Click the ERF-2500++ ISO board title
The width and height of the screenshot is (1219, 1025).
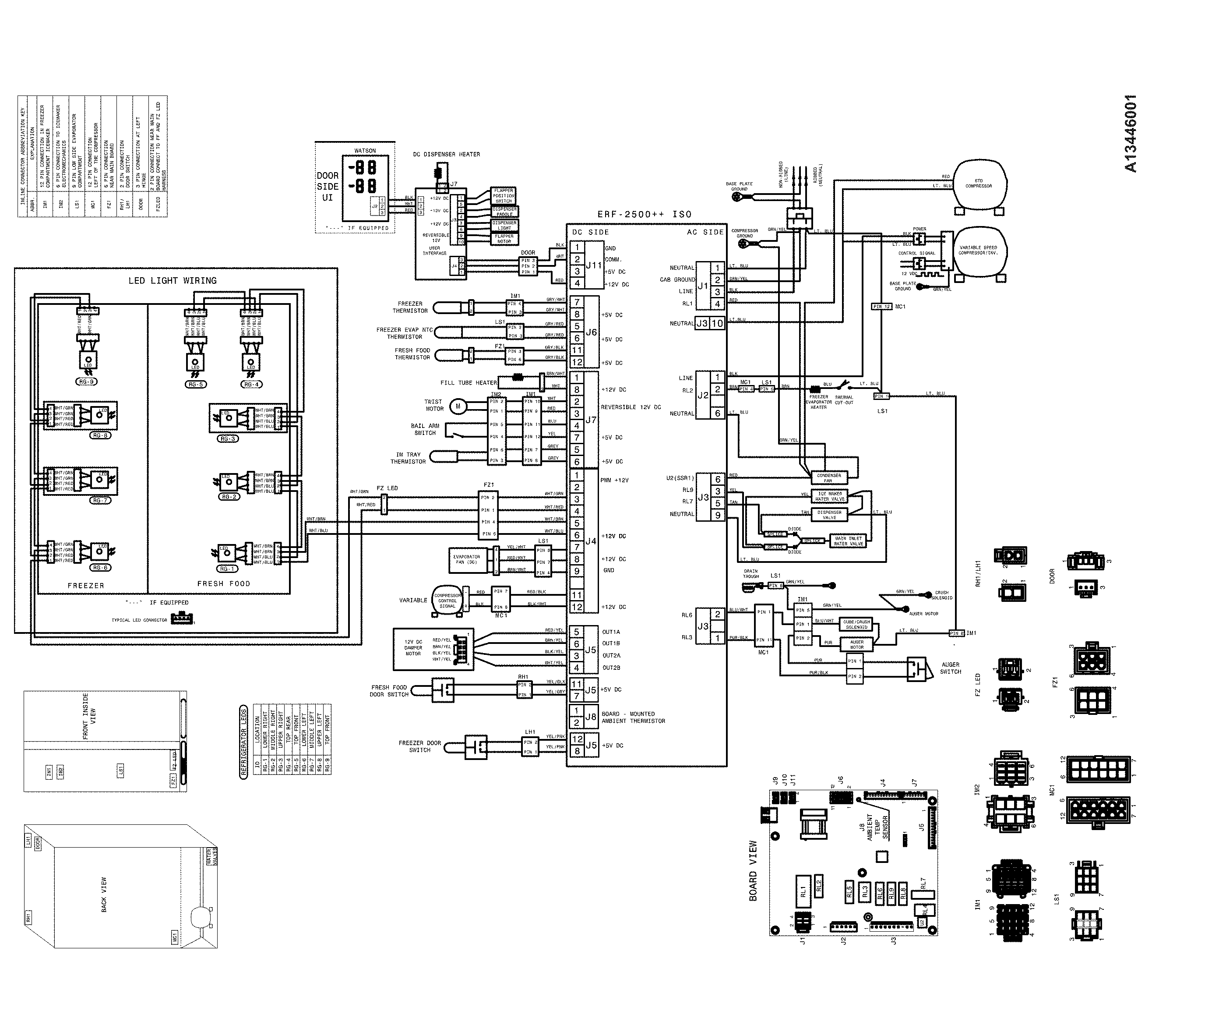pos(645,214)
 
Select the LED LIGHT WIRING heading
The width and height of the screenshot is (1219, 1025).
pos(173,281)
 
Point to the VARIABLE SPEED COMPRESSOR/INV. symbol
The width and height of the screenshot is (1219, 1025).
pos(979,251)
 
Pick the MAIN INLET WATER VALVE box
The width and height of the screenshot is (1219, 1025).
pos(849,541)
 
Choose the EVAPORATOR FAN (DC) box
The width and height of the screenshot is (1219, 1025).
pos(467,559)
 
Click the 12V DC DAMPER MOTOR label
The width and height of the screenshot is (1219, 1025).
pos(413,648)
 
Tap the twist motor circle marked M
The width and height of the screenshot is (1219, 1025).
pos(458,406)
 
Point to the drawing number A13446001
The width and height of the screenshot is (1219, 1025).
pos(1131,134)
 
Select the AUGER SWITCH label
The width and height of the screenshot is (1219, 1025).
pos(951,668)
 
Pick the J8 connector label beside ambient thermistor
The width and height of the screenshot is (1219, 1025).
pos(591,717)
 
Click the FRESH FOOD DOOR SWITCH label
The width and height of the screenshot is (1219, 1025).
pos(389,691)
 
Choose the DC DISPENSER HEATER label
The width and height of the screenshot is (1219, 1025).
pos(447,155)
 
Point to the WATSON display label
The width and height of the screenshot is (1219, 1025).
pos(365,151)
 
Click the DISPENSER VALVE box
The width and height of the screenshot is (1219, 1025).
pos(829,515)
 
